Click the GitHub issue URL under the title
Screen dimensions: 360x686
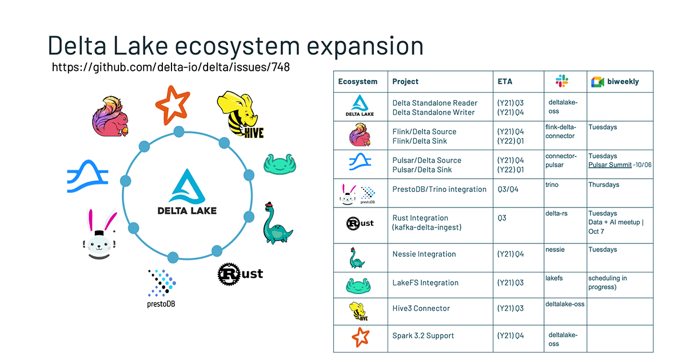171,67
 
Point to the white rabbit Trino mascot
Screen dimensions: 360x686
99,234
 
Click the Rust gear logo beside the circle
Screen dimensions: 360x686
240,274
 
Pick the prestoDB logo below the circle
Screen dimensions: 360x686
161,287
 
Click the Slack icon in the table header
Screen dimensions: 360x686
561,81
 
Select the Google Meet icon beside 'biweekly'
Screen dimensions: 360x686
597,81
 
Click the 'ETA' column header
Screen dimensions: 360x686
505,81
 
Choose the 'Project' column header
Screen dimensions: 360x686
405,81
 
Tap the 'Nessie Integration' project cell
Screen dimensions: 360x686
424,254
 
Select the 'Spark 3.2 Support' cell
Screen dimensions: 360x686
423,335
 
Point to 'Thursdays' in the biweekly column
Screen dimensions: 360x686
604,185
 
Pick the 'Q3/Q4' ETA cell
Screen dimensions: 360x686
508,189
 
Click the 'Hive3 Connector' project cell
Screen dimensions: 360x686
421,309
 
